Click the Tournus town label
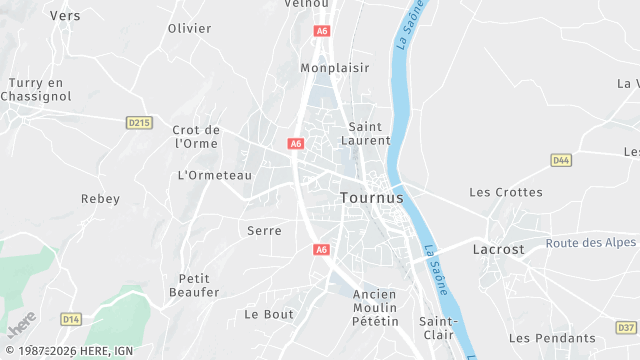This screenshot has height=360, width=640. (372, 198)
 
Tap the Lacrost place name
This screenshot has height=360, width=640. (497, 249)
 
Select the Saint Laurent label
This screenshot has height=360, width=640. (369, 134)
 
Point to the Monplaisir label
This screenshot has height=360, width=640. (335, 68)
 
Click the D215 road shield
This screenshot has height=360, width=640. (139, 122)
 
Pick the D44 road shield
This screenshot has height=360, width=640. (561, 160)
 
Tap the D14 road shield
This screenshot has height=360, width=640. (71, 319)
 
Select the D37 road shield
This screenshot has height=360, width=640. (625, 327)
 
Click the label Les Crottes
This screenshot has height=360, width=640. (506, 192)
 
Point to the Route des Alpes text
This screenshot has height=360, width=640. (592, 243)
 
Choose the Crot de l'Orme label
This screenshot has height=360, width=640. (196, 136)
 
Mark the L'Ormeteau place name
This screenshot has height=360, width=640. (214, 175)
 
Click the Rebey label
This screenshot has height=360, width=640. (100, 199)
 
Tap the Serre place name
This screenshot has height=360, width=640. (264, 231)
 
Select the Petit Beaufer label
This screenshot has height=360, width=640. (199, 285)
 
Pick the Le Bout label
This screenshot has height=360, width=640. (269, 314)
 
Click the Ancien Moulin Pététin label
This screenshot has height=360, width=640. (375, 308)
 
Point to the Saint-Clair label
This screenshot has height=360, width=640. (437, 328)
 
